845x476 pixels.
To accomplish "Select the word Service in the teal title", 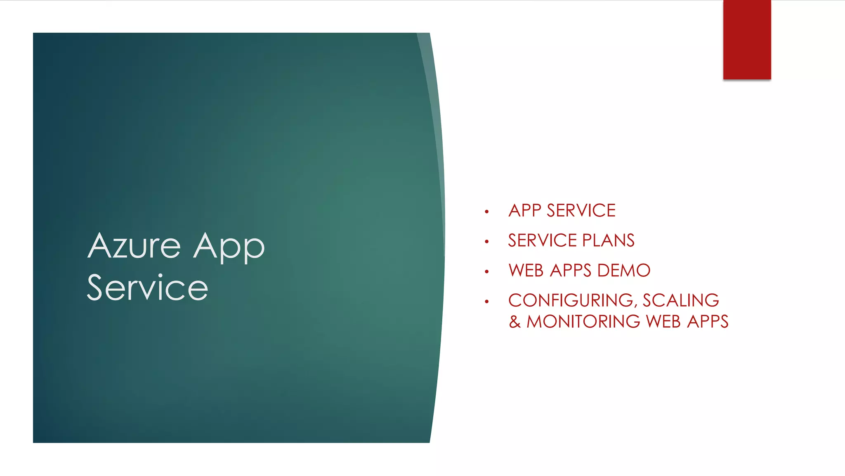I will [147, 288].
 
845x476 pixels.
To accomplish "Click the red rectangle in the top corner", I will [747, 39].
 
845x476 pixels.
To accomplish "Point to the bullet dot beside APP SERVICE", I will [487, 212].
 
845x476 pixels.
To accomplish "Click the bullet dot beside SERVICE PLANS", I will [487, 241].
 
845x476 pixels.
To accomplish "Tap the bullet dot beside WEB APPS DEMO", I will [487, 271].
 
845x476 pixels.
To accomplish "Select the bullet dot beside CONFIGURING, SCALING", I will [487, 302].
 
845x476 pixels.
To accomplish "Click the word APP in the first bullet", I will [525, 211].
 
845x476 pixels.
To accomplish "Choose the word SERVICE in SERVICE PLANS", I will [542, 240].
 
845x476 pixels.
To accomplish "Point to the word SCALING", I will [681, 300].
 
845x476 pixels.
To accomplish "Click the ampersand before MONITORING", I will [515, 321].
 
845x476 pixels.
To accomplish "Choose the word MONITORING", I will [583, 321].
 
